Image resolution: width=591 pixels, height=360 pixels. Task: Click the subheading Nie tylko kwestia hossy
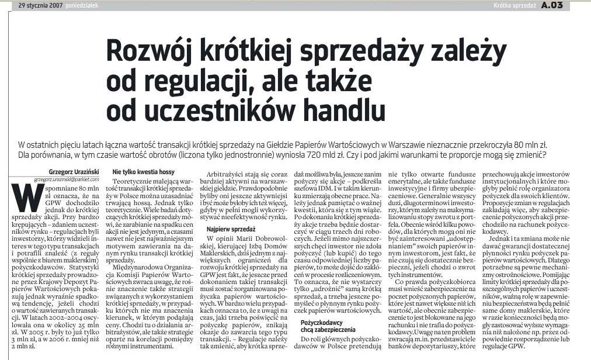pyautogui.click(x=144, y=172)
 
